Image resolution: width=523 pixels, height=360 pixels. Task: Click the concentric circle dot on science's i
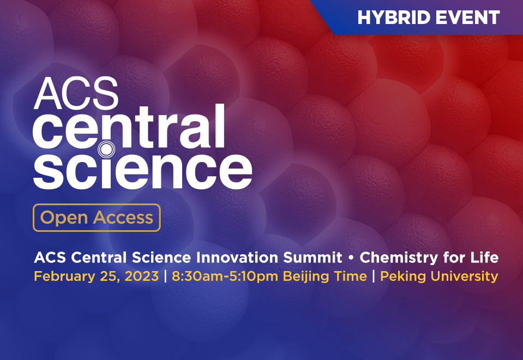tap(106, 148)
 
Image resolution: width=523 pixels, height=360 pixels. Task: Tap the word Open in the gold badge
tap(64, 218)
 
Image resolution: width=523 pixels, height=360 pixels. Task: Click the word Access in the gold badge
tap(123, 218)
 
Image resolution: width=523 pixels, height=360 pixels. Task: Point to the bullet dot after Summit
tap(351, 257)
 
